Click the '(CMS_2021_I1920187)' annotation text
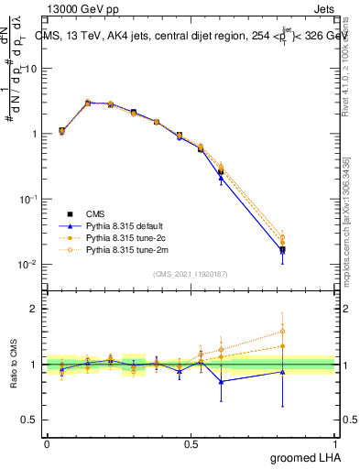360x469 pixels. (x=191, y=273)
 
